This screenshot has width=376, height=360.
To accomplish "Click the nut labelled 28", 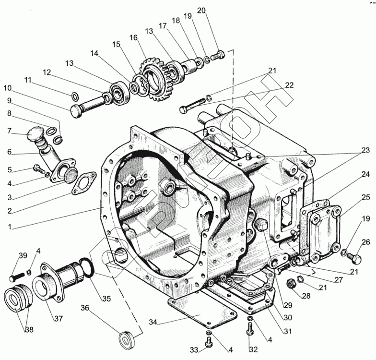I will tap(290, 284).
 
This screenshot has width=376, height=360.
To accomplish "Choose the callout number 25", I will tap(365, 197).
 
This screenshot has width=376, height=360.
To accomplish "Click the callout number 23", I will tap(365, 150).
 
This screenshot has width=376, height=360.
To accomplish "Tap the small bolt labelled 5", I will tap(38, 168).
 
